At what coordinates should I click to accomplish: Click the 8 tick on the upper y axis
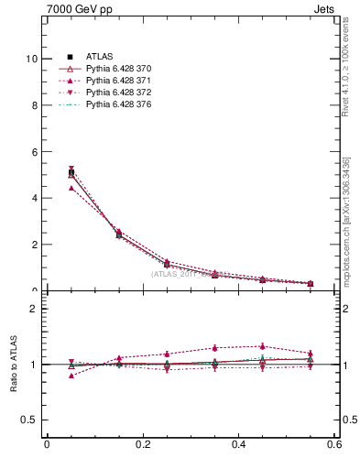point(34,105)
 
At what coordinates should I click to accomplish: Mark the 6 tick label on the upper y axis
point(34,152)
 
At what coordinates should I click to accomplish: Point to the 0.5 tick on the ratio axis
point(29,420)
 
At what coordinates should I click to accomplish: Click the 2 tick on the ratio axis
point(34,309)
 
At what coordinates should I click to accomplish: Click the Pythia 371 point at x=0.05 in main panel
point(71,188)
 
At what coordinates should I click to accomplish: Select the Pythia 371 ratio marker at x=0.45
point(263,346)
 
